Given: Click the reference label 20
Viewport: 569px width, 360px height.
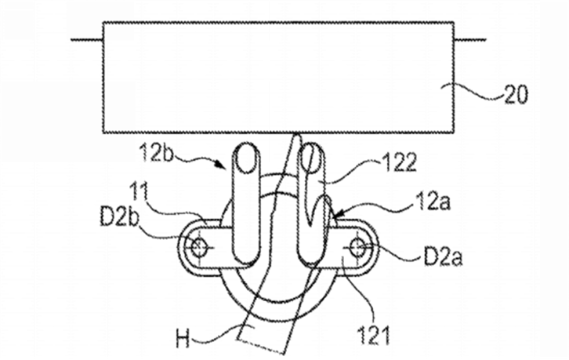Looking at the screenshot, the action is (x=515, y=95).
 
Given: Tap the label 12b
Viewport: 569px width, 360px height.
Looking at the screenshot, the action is (x=157, y=153).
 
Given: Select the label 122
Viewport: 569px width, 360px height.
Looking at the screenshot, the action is (x=397, y=162).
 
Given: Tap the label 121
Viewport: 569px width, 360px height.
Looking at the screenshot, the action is (x=373, y=335).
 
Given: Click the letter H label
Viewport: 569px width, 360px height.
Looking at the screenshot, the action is (x=183, y=339).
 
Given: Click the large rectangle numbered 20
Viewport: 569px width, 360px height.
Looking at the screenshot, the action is (x=278, y=78).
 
